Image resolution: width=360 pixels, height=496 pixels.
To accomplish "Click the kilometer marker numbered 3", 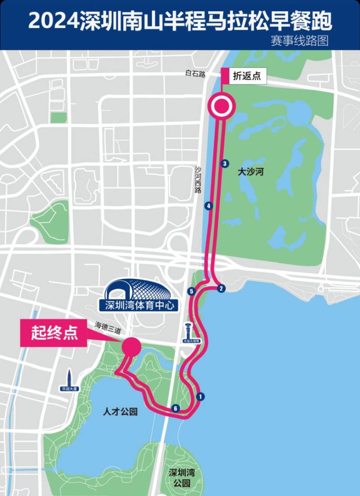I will (x=225, y=164).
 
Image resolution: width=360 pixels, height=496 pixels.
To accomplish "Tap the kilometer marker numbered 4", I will (x=208, y=206).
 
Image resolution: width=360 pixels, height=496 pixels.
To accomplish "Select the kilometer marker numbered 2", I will (x=220, y=288).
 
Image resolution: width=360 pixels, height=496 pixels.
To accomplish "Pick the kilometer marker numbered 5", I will (x=192, y=291).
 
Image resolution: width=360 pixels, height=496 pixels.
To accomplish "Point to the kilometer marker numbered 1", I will (x=200, y=396).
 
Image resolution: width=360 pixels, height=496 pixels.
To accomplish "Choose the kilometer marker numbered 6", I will (x=176, y=408).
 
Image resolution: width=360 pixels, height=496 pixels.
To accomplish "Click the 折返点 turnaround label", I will (x=247, y=76).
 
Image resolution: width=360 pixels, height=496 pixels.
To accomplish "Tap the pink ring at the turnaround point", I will (x=221, y=107).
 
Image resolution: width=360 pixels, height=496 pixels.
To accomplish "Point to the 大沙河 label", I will (x=250, y=171).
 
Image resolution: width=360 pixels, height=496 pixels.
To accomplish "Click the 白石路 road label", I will (x=195, y=73).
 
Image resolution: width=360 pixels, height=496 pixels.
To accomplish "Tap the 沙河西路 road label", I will (x=198, y=180).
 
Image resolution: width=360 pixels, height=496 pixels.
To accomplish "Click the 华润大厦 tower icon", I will (x=70, y=380).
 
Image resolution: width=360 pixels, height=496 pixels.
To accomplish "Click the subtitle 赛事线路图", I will (x=300, y=40).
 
